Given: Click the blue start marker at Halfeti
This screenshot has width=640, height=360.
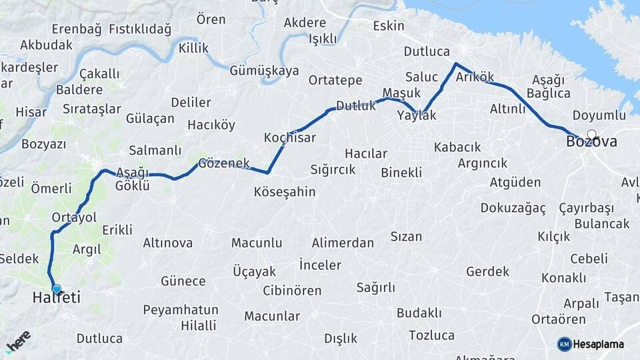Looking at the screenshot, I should pos(57,289).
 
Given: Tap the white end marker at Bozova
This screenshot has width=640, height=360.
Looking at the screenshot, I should pos(591,134).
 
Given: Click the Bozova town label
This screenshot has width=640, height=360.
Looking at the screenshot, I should pos(591,142).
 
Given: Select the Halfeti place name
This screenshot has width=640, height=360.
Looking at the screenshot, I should pos(56,298).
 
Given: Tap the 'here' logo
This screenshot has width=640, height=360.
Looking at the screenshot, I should pos(18,341).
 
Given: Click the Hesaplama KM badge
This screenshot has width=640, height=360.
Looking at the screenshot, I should pos(591,344).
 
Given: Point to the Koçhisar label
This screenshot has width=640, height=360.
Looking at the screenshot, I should pos(290,138).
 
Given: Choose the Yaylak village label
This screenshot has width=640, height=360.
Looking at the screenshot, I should pos(416,115).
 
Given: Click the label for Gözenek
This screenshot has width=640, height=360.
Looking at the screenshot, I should pos(224,163).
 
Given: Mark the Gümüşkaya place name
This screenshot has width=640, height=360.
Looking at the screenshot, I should pos(264,71).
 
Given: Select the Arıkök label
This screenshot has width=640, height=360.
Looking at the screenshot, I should pos(475,77).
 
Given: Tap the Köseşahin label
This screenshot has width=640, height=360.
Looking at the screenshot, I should pos(285,192).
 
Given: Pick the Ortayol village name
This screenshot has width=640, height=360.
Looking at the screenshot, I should pos(74,217).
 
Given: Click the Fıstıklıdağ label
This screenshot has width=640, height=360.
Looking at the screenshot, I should pos(140,29).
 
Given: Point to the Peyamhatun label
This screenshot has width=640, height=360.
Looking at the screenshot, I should pos(181,310).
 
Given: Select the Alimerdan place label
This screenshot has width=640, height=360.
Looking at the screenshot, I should pos(343,243).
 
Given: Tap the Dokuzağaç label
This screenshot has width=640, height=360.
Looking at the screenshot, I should pos(513,208).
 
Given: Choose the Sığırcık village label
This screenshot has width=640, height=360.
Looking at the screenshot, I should pos(334,169).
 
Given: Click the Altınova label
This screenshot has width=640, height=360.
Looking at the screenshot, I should pos(167,243).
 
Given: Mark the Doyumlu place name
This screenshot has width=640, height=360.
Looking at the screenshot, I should pos(599,115).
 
